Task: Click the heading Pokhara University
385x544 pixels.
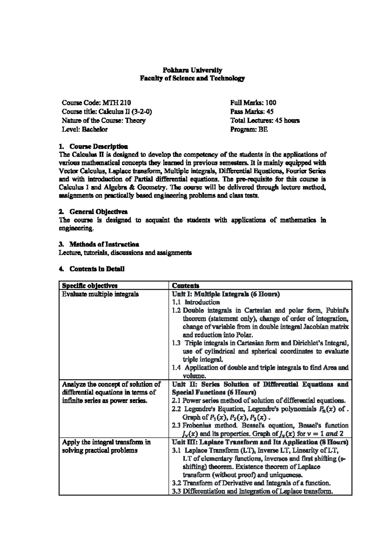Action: pyautogui.click(x=192, y=70)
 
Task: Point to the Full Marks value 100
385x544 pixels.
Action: pyautogui.click(x=271, y=103)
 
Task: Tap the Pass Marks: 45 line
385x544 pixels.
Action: pyautogui.click(x=252, y=112)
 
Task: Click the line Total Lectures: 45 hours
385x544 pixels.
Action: pyautogui.click(x=265, y=121)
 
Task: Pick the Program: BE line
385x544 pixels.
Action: pyautogui.click(x=249, y=130)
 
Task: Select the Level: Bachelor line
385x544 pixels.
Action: pyautogui.click(x=85, y=130)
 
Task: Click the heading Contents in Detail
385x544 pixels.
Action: pyautogui.click(x=97, y=269)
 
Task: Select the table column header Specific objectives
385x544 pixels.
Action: pyautogui.click(x=90, y=285)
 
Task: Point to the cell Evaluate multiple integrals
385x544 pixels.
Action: pyautogui.click(x=100, y=294)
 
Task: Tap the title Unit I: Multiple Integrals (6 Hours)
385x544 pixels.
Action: pyautogui.click(x=226, y=294)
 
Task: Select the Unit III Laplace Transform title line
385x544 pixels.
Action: pyautogui.click(x=260, y=442)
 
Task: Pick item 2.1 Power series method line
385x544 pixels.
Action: pyautogui.click(x=259, y=401)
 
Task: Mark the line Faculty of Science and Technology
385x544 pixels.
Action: pyautogui.click(x=192, y=79)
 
